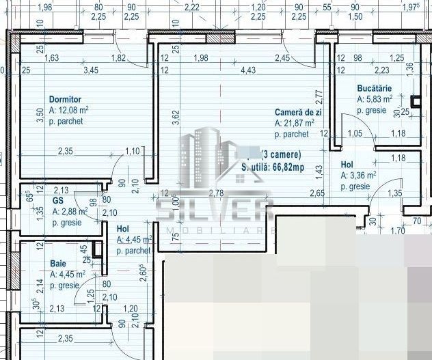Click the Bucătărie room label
tap(374, 88)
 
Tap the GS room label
tap(58, 202)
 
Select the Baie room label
tap(58, 263)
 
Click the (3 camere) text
tap(280, 154)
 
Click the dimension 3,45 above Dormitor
tap(91, 70)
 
